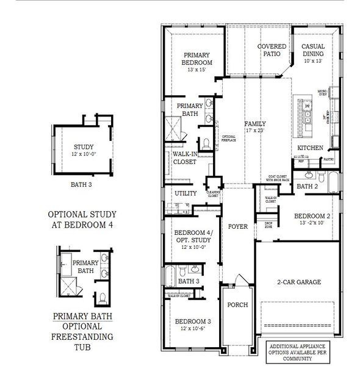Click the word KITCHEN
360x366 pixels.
click(309, 148)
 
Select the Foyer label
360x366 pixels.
click(237, 226)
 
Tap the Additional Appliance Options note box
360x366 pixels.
click(302, 349)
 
